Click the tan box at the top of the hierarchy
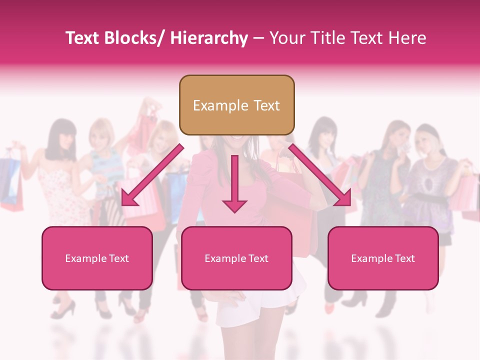point(236,105)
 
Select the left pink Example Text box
point(97,258)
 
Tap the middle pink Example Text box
point(236,258)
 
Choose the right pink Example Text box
point(383,258)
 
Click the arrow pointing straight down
point(234,183)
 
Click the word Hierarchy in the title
point(208,38)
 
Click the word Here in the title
point(409,38)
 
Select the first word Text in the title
point(82,38)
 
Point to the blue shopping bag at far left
point(10,180)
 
